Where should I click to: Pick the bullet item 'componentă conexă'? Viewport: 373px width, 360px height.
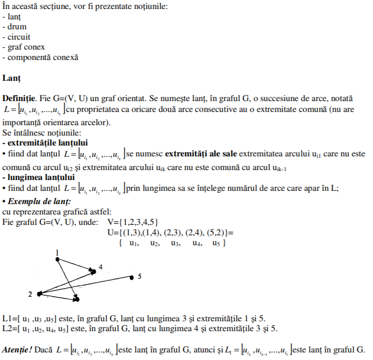(40, 57)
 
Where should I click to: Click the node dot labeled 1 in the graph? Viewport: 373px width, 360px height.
(58, 258)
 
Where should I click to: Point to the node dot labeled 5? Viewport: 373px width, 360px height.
(132, 277)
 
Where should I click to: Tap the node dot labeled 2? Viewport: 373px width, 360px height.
(39, 294)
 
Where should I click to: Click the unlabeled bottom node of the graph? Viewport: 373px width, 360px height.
(76, 299)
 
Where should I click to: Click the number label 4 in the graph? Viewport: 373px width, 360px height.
(101, 267)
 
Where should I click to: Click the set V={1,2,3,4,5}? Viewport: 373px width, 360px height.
(133, 222)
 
